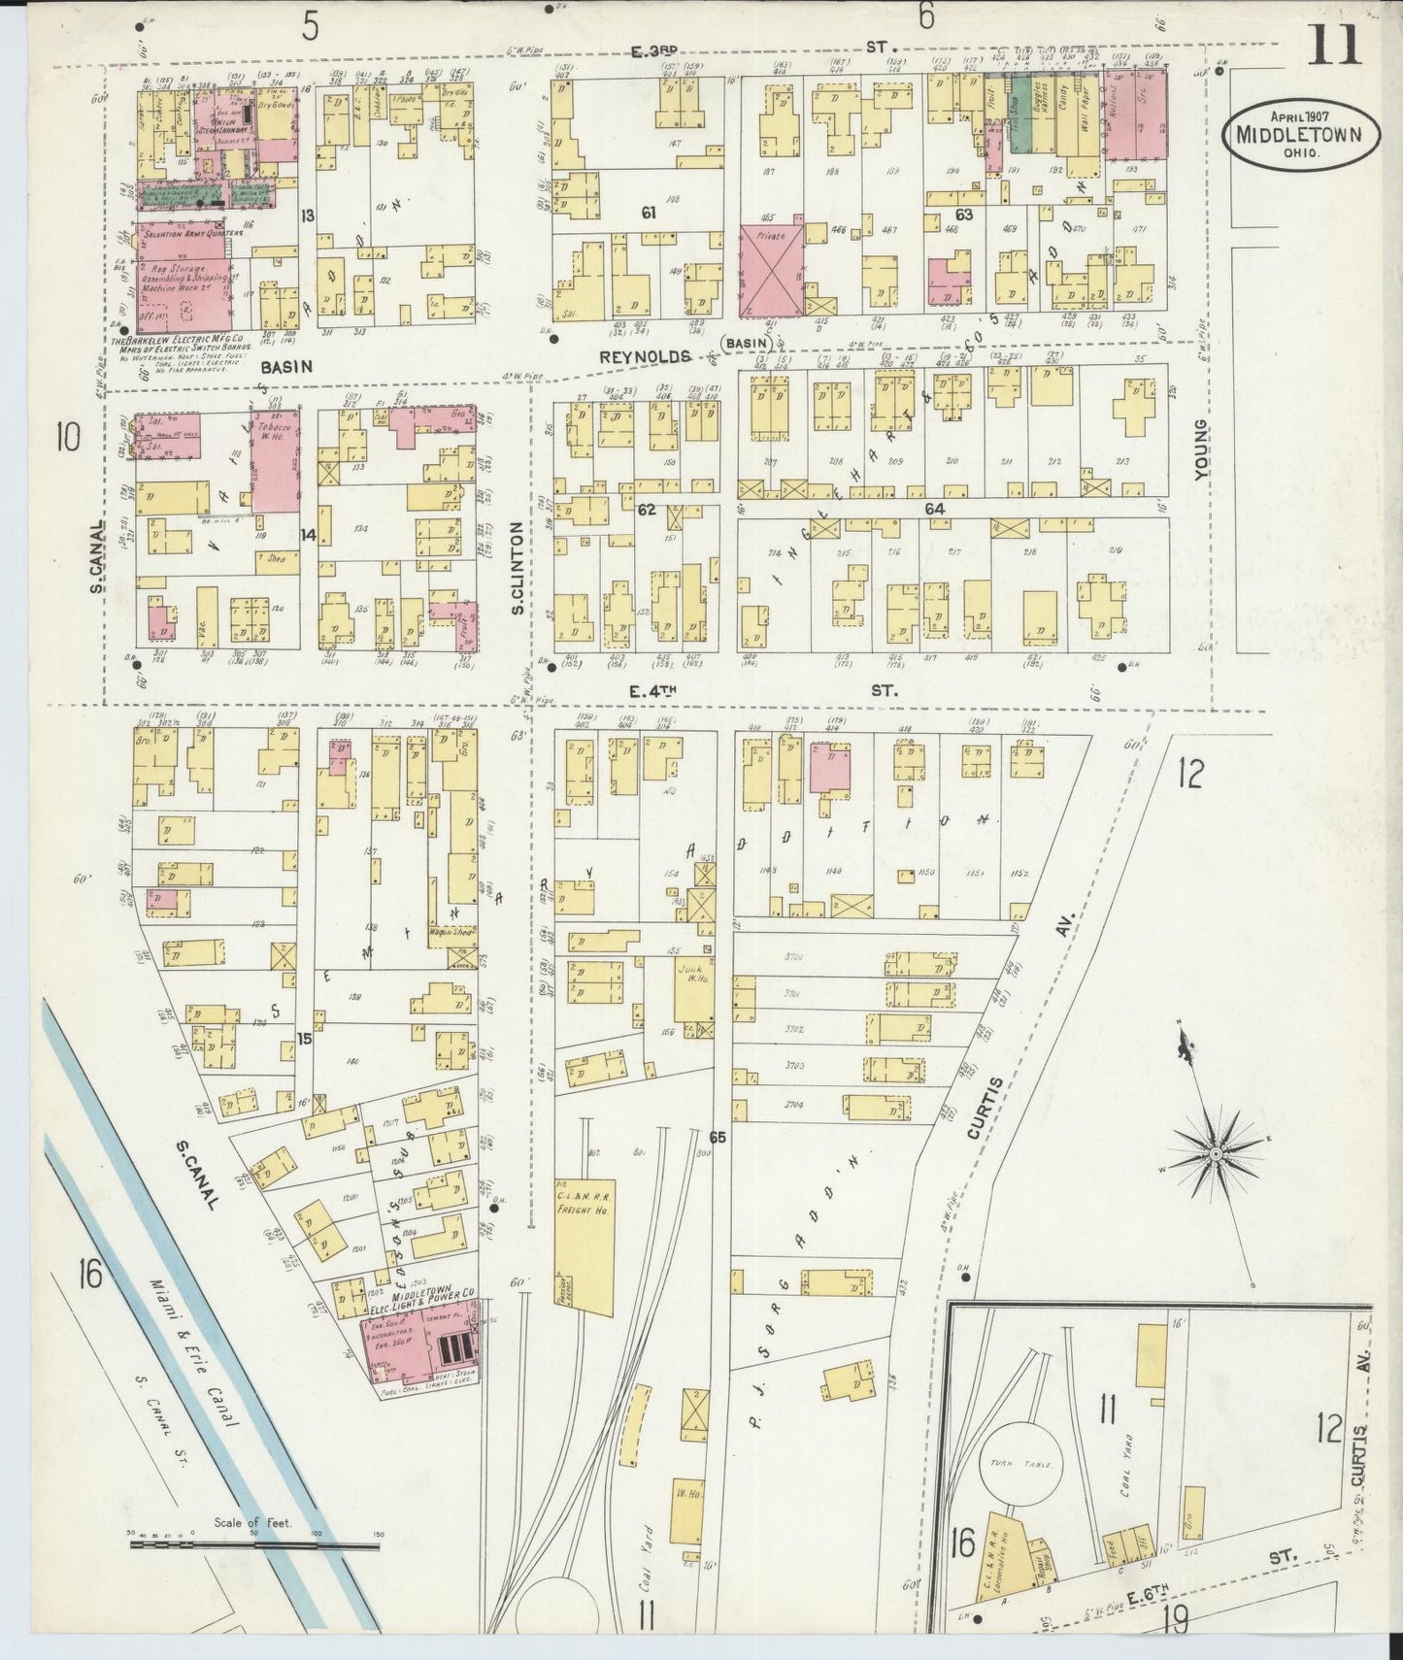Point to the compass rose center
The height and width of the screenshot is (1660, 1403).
pos(1214,1154)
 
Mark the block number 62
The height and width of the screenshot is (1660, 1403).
pos(647,509)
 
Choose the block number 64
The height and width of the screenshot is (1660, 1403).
pos(934,509)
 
